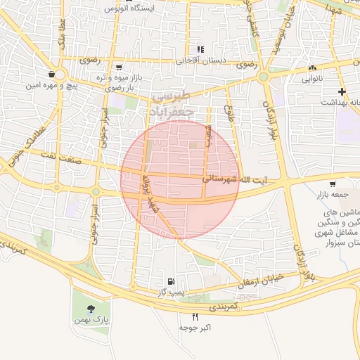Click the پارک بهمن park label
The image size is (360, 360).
pyautogui.click(x=90, y=320)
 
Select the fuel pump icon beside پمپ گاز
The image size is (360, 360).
pyautogui.click(x=169, y=280)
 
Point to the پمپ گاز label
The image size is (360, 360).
pyautogui.click(x=170, y=291)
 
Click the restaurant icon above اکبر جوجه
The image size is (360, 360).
pyautogui.click(x=195, y=316)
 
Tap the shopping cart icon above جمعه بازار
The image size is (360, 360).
pyautogui.click(x=331, y=185)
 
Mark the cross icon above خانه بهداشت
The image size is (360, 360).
pyautogui.click(x=342, y=91)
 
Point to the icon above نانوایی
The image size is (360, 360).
pyautogui.click(x=312, y=68)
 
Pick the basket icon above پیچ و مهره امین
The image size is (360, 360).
pyautogui.click(x=52, y=74)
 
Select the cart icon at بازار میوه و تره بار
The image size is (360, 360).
pyautogui.click(x=119, y=67)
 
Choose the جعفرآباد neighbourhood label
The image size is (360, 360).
pyautogui.click(x=171, y=110)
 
